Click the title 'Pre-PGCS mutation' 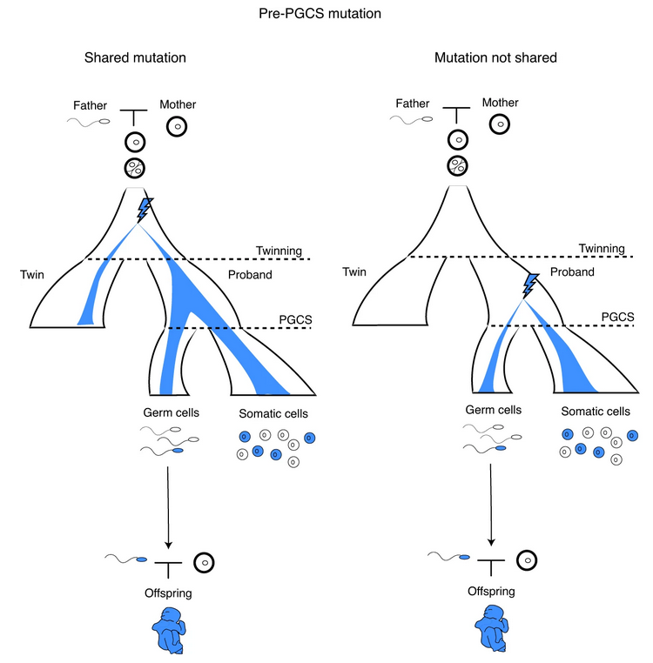tap(326, 14)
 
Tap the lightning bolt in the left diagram tap(145, 210)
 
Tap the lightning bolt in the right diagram tap(528, 284)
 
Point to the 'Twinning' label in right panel tap(602, 248)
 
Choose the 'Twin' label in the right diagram tap(354, 271)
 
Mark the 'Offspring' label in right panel tap(491, 591)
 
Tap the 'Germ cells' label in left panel tap(170, 413)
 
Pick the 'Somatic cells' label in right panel tap(596, 412)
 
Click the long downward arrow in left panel tap(167, 504)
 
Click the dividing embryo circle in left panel tap(135, 168)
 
